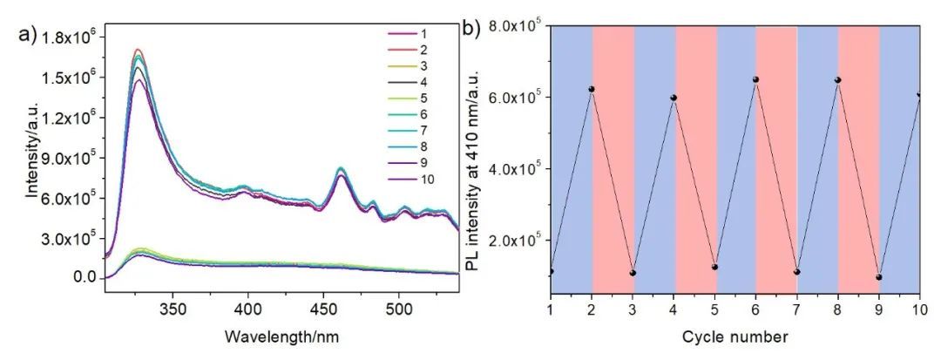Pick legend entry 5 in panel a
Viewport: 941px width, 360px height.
pos(422,99)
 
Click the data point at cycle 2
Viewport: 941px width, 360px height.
pos(592,89)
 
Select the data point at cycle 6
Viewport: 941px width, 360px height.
pos(755,79)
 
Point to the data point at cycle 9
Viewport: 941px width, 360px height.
pos(879,277)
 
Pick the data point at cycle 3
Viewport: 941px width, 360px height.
pos(633,273)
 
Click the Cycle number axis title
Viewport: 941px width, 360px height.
pos(735,336)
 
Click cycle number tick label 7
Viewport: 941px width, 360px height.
pos(796,311)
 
